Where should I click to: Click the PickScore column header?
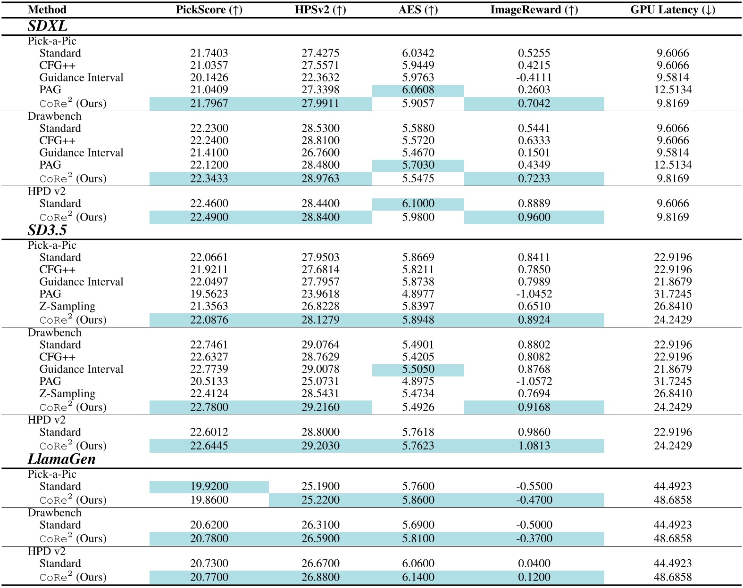click(209, 10)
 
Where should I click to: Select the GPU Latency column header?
click(673, 10)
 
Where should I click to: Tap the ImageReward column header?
click(534, 10)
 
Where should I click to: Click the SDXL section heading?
click(47, 26)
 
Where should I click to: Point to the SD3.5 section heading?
click(47, 230)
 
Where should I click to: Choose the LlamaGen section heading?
click(62, 459)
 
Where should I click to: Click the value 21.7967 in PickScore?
click(209, 104)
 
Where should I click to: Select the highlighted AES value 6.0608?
click(418, 90)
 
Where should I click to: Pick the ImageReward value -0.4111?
click(534, 78)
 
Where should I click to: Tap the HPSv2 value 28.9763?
click(320, 179)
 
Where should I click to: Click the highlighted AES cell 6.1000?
click(418, 204)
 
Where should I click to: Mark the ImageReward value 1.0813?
click(534, 446)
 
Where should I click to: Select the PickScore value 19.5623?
click(209, 294)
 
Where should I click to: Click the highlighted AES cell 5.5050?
click(418, 369)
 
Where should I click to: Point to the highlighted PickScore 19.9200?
click(209, 487)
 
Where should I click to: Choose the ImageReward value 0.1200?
click(534, 578)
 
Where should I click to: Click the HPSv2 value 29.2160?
click(320, 408)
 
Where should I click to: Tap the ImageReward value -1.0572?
click(534, 382)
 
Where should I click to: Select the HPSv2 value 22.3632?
click(320, 78)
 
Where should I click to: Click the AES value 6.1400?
click(418, 578)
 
